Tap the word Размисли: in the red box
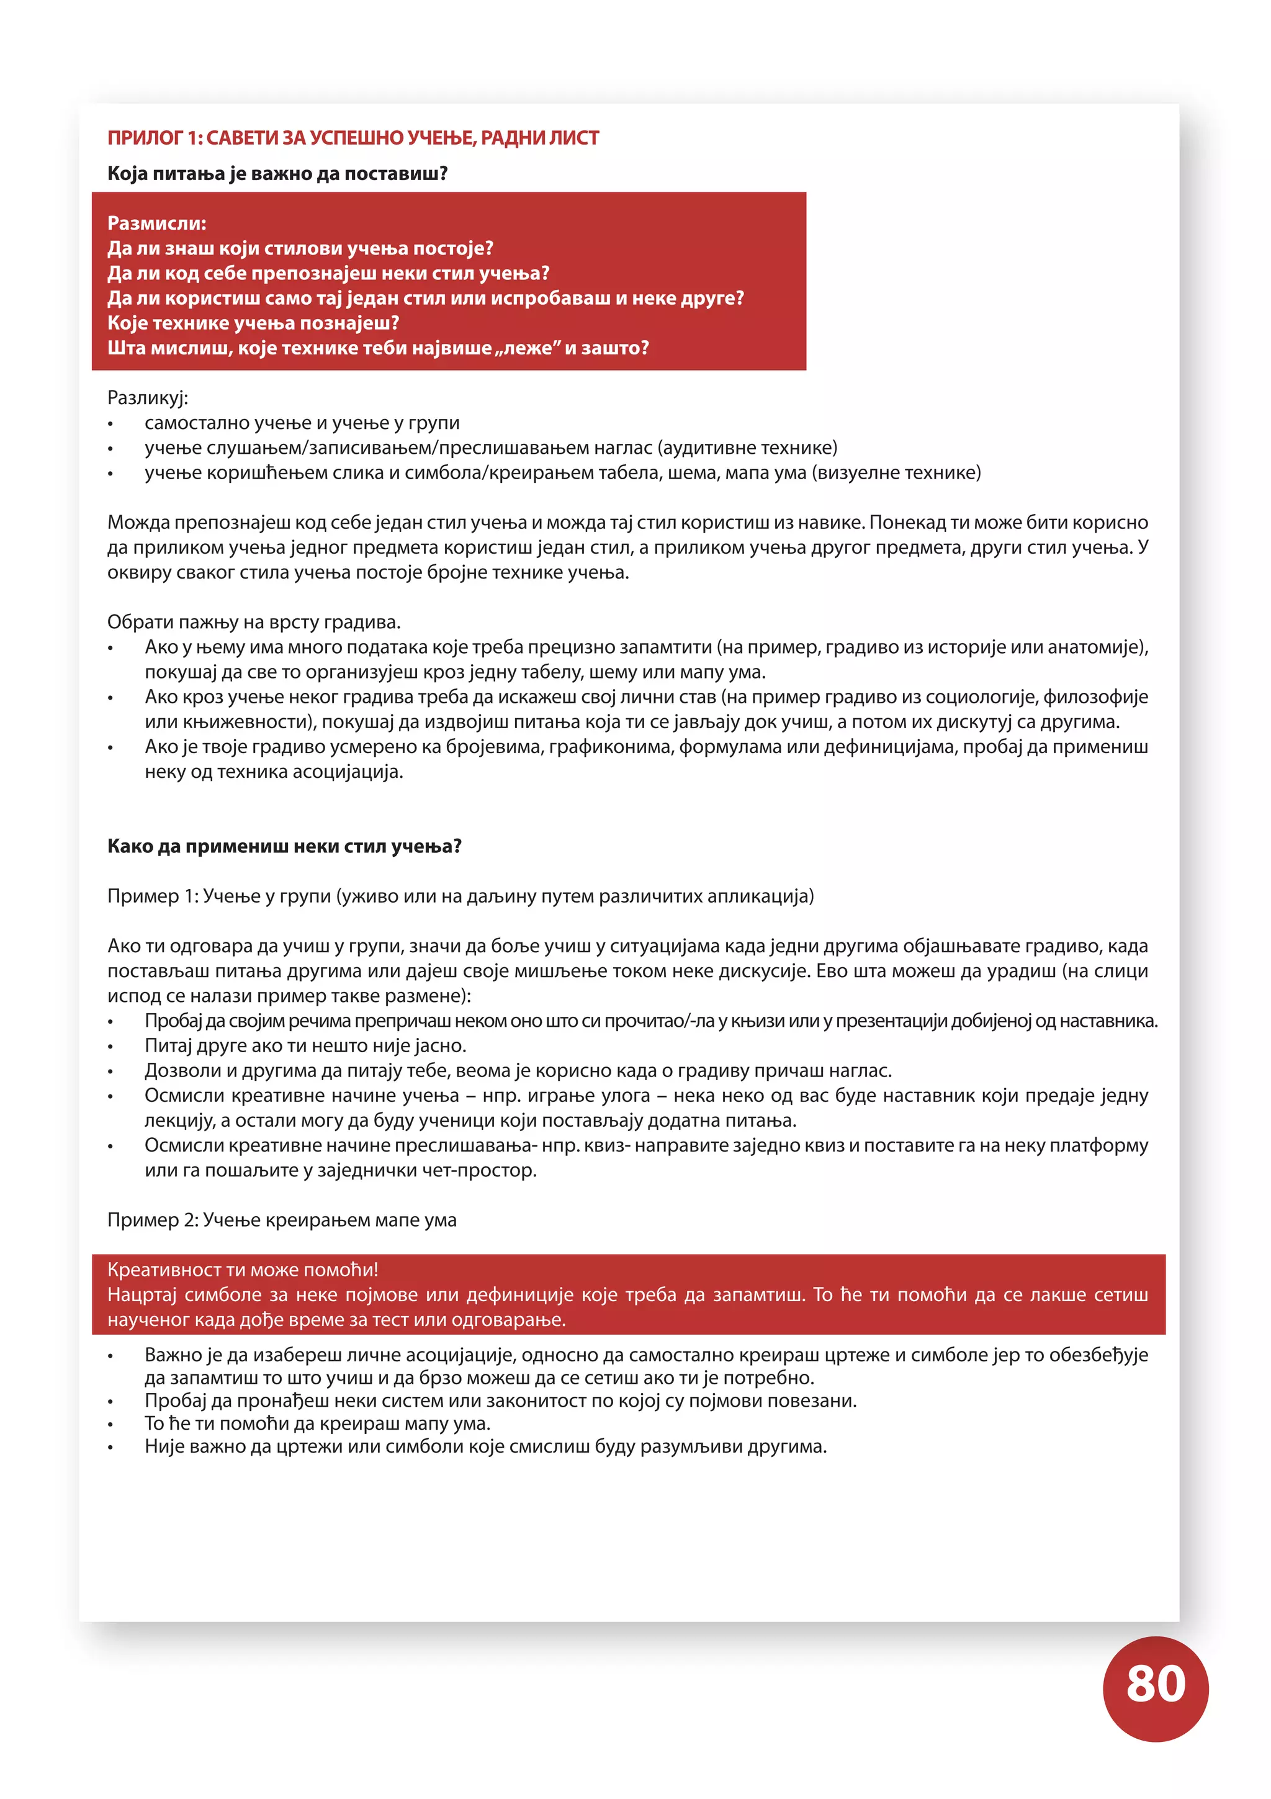(156, 223)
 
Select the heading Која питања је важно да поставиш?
(277, 173)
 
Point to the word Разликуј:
(147, 398)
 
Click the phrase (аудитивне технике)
(747, 448)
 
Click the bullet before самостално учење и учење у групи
(110, 425)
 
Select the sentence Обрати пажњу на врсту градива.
(254, 622)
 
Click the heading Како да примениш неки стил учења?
(284, 846)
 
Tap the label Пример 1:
(153, 896)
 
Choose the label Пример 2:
(153, 1220)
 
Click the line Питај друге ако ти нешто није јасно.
(305, 1046)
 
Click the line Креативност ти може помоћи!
(243, 1270)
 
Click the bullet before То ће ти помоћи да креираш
(110, 1425)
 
